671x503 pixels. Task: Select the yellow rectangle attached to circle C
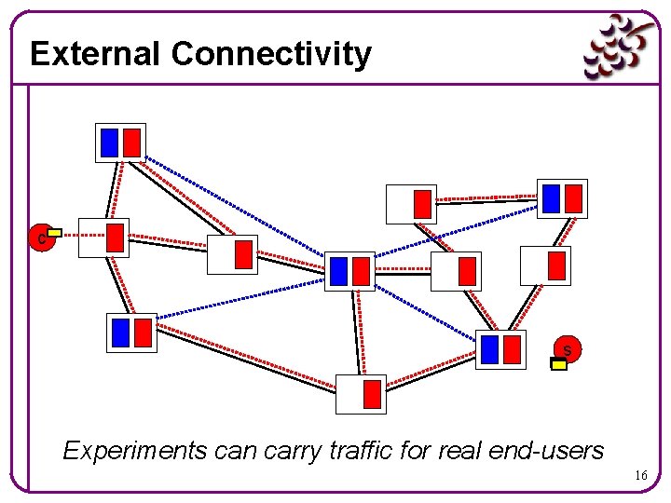pos(55,232)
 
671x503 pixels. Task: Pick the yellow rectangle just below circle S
pos(559,365)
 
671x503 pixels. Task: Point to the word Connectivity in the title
pos(271,54)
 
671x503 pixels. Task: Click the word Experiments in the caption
pos(134,451)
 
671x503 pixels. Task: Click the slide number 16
pos(641,476)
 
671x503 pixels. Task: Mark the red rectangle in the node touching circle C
pos(115,237)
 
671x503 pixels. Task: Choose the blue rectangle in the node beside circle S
pos(491,349)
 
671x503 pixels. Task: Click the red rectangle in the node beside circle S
pos(512,349)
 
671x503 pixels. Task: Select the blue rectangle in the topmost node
pos(109,143)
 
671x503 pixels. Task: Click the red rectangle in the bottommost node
pos(372,394)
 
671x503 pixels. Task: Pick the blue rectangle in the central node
pos(339,271)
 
